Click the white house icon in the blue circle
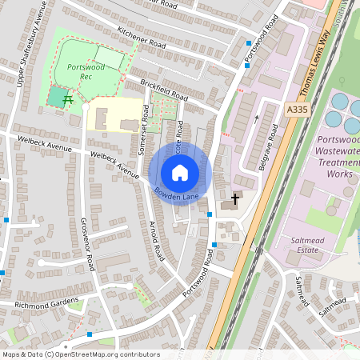180,172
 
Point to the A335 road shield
295,110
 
